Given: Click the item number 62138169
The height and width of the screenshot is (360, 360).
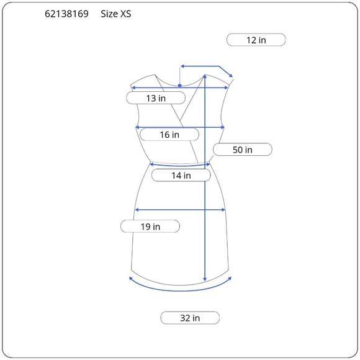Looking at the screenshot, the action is [66, 14].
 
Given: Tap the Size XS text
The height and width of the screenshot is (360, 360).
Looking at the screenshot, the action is [116, 14].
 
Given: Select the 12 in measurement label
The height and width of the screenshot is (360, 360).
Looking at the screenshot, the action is [256, 40].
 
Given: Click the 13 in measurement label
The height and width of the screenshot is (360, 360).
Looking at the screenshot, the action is [156, 98].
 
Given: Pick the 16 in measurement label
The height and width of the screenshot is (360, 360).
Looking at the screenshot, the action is [169, 135].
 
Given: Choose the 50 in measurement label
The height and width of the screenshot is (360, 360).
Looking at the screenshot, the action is [243, 150].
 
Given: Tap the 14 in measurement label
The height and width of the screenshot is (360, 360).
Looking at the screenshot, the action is [181, 176].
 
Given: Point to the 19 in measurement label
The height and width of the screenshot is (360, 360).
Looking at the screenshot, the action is [150, 227].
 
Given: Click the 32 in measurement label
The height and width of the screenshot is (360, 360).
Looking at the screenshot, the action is [190, 318].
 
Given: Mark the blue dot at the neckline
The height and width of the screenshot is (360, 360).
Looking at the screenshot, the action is [180, 86].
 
